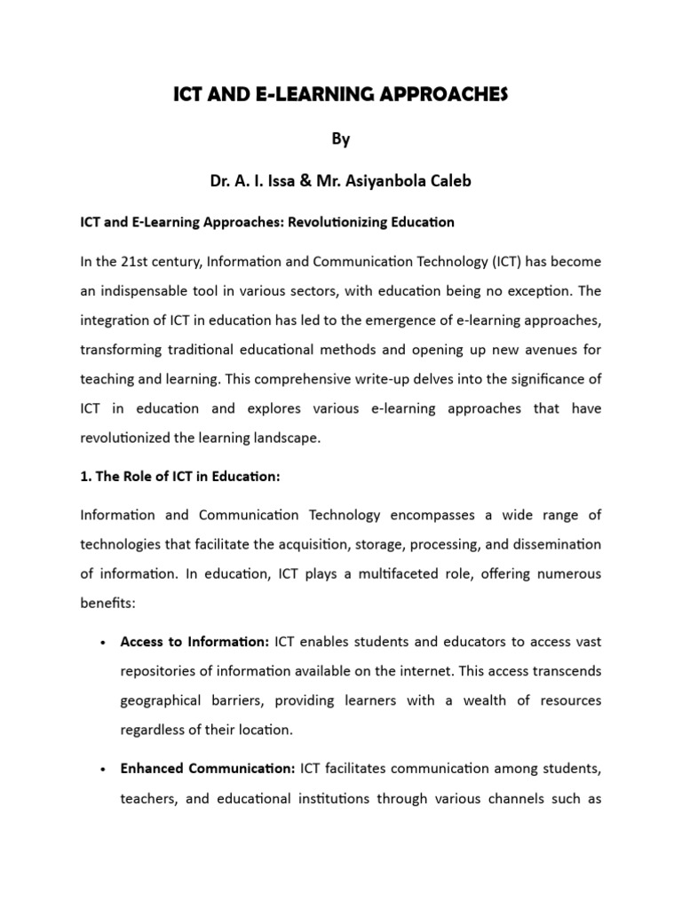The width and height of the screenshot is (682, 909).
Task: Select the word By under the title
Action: (x=341, y=139)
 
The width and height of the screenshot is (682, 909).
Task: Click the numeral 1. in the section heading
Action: (x=85, y=477)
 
